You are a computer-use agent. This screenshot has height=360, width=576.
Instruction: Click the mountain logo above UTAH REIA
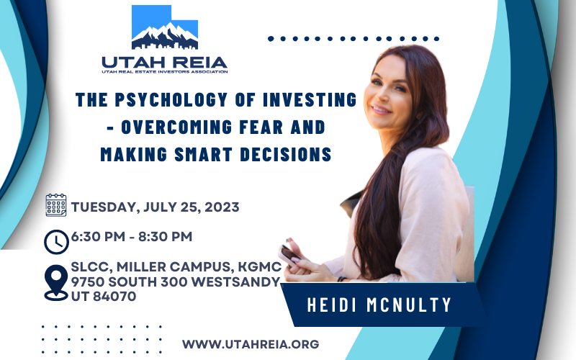point(165,27)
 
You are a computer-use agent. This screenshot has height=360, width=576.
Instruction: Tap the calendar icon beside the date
point(56,205)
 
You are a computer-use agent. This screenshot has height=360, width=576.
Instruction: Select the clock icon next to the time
point(56,242)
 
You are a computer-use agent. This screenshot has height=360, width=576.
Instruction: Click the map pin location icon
point(56,283)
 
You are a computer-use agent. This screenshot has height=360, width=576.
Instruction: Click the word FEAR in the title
point(261,127)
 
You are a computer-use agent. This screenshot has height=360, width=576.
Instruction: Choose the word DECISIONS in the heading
point(286,154)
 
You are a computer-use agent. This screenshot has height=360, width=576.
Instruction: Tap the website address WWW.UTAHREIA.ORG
point(251,344)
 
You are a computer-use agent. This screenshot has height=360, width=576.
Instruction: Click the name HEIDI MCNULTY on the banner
point(379,305)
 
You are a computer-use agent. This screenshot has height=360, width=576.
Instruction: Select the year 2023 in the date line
point(222,207)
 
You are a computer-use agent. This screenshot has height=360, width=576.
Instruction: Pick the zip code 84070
point(114,296)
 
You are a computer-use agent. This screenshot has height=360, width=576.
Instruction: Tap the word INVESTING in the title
point(310,99)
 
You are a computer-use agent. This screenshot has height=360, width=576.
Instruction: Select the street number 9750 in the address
point(88,282)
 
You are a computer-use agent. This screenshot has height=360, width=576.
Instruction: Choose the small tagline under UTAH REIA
point(165,71)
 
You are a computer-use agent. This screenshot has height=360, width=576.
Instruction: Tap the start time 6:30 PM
point(98,237)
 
